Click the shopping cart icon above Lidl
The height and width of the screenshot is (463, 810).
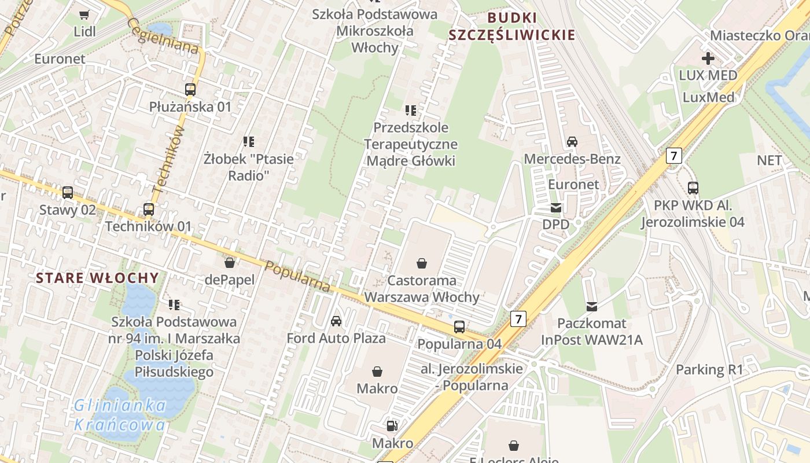coord(84,14)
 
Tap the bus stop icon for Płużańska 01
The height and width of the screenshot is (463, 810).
coord(190,90)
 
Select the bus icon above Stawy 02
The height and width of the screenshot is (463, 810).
coord(68,193)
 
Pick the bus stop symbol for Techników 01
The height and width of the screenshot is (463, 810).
coord(149,210)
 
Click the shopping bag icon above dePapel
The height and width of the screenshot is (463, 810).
coord(230,263)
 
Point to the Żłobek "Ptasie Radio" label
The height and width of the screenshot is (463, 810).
coord(249,166)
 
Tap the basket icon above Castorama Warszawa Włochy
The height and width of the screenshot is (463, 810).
coord(422,264)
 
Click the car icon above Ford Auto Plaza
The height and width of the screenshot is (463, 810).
coord(336,321)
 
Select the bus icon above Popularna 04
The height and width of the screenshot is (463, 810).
coord(459,327)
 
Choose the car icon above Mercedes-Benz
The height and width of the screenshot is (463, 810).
coord(572,142)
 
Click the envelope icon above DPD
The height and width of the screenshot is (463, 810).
coord(556,208)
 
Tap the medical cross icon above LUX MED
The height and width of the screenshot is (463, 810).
coord(708,58)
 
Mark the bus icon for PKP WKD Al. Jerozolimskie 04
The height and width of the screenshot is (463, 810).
coord(693,188)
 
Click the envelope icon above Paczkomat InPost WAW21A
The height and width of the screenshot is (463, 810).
coord(592,306)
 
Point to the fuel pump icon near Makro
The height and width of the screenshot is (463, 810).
coord(392,427)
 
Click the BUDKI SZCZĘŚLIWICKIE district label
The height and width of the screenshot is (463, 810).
coord(512,26)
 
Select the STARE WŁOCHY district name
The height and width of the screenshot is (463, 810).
coord(97,278)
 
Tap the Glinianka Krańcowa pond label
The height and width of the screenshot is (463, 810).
coord(120,415)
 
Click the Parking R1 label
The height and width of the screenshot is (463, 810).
coord(709,369)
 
